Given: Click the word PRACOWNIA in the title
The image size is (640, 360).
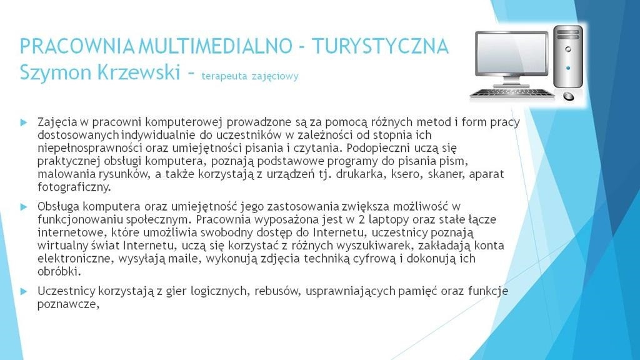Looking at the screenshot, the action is [x=77, y=46].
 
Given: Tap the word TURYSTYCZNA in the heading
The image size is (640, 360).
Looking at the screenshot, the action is [x=381, y=46].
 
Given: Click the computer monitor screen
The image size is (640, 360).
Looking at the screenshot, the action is [x=511, y=53].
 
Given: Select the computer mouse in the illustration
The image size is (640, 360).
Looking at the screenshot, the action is [x=568, y=96].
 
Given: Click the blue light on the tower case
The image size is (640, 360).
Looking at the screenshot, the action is [x=567, y=68].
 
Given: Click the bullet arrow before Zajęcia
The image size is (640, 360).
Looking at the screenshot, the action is [x=24, y=122].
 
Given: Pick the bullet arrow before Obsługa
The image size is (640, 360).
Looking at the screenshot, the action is [x=24, y=207].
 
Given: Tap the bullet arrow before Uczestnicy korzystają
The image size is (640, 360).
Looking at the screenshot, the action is [x=24, y=291].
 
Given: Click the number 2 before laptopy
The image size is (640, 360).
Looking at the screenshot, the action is [x=362, y=219].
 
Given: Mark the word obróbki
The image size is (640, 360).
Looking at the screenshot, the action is [x=58, y=271].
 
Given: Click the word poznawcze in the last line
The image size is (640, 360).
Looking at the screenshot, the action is [x=67, y=305].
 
